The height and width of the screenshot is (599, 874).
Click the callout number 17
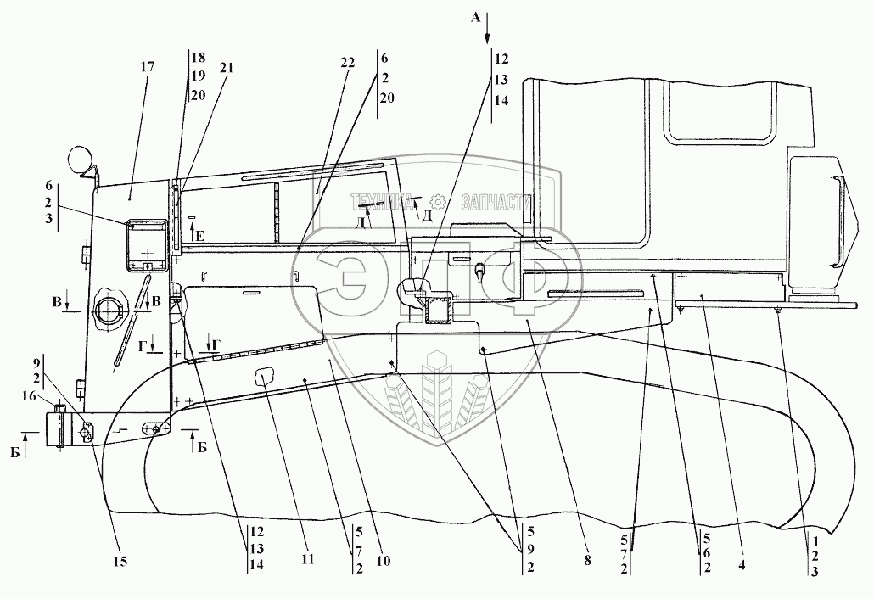pos(148,67)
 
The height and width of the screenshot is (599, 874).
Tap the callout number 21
pos(227,68)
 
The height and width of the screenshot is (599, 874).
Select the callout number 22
pos(347,63)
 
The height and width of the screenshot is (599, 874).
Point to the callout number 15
pos(120,561)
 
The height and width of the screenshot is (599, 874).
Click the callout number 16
pos(29,396)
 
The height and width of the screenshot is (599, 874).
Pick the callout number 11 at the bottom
pos(307,559)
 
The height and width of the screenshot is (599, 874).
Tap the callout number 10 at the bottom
pos(383,561)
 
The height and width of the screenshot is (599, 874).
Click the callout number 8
pos(587,561)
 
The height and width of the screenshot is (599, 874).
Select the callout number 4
pos(742,564)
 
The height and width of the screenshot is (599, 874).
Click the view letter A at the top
pos(475,19)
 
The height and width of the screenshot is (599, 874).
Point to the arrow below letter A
pos(487,33)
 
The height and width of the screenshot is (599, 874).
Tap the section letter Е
pos(200,236)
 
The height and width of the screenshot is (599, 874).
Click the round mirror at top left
pos(79,159)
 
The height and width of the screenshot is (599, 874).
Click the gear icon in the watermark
pos(439,200)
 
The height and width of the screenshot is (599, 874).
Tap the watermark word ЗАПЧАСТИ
pos(496,202)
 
